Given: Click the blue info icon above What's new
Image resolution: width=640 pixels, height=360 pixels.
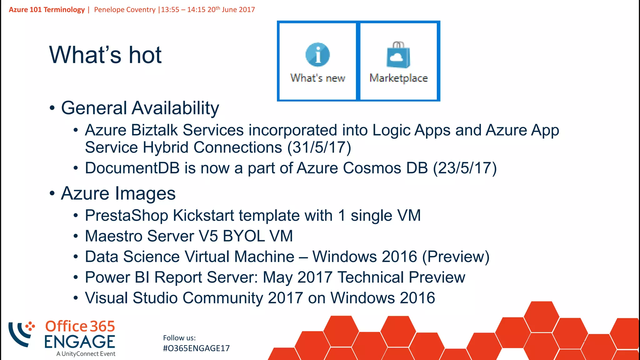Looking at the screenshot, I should [317, 55].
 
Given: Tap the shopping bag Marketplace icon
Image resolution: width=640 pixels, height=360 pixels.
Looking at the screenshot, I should [398, 55].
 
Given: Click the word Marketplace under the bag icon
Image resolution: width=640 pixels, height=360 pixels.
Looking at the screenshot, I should [398, 78].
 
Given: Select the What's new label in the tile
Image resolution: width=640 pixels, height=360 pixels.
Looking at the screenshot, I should [317, 78].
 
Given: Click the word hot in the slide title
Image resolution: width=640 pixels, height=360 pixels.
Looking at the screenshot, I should [145, 55].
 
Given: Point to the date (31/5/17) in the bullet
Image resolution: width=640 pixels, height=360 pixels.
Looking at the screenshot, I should [319, 147].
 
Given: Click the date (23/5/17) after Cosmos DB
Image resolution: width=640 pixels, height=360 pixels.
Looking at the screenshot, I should [465, 168].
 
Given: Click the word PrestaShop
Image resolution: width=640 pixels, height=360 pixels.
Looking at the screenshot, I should [126, 216].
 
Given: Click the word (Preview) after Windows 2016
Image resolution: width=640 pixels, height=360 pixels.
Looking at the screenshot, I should [456, 257].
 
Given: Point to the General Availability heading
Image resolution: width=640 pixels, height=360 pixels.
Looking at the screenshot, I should [140, 108].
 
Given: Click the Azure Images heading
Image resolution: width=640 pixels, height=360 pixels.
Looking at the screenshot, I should [118, 193].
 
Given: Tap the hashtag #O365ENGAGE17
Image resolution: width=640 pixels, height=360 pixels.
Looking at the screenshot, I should [196, 348].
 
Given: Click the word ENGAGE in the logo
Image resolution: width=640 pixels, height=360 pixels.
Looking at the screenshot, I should [80, 342].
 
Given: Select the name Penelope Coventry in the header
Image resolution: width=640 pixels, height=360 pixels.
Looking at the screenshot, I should [125, 10].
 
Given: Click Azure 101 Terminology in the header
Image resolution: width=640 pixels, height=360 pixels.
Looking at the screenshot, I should [47, 10].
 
